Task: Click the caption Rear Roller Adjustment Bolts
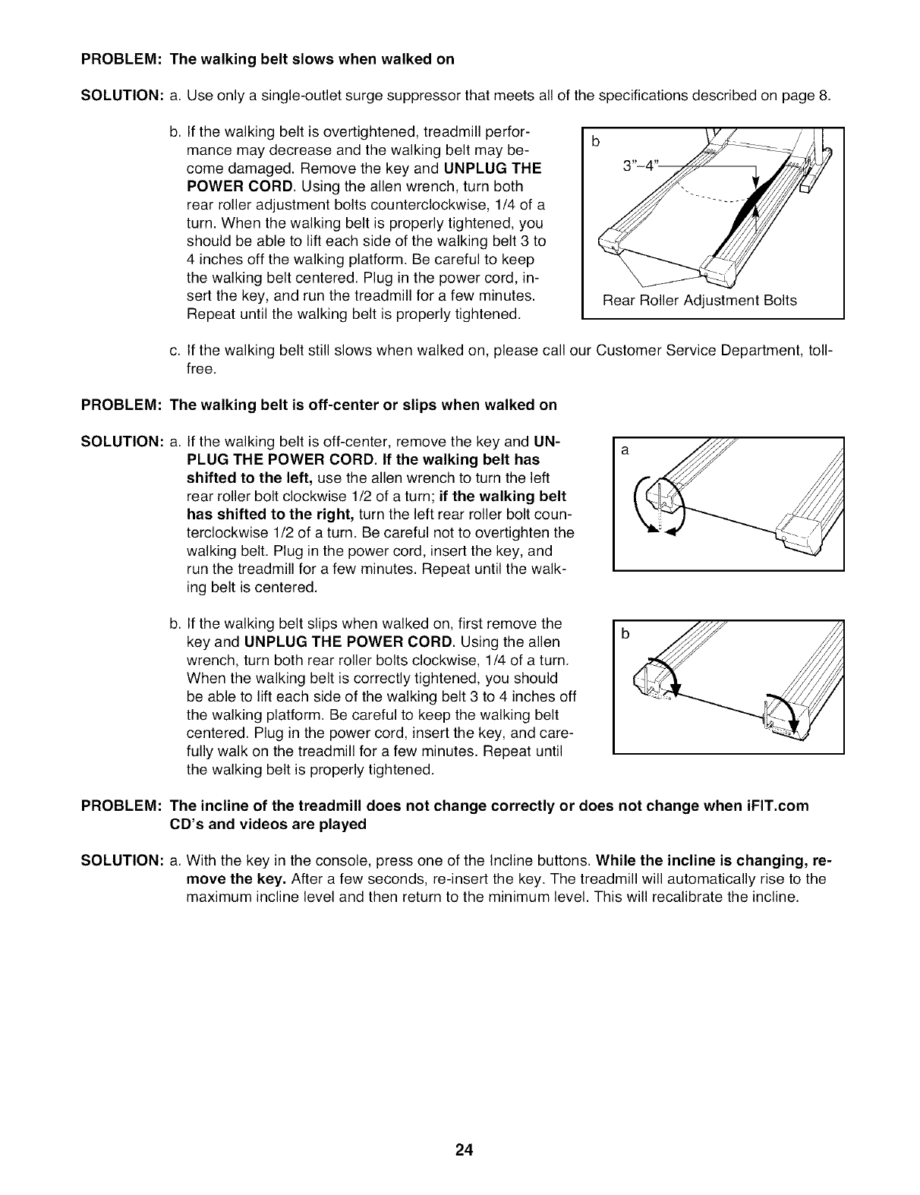(699, 301)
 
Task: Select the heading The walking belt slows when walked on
(312, 59)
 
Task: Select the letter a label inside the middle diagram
(625, 450)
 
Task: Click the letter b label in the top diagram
(595, 141)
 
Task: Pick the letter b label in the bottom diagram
(625, 635)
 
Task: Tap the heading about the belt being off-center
(363, 405)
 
